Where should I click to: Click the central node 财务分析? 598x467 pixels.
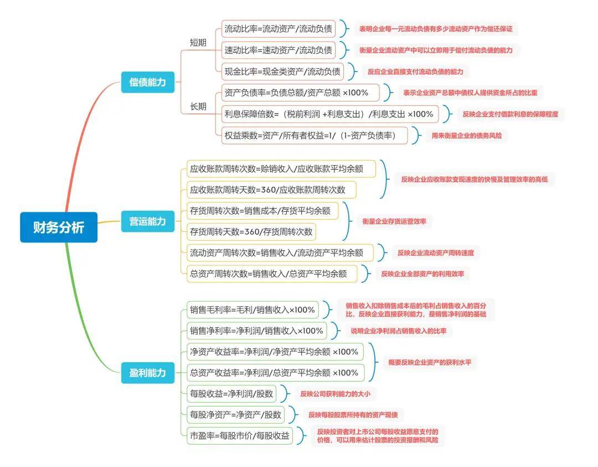click(59, 227)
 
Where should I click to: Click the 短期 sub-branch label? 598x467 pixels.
click(198, 42)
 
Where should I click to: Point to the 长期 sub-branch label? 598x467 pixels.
click(198, 106)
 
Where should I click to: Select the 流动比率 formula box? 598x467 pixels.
click(278, 29)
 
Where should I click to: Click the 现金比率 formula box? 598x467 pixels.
click(281, 72)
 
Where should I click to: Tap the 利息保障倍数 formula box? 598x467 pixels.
click(329, 114)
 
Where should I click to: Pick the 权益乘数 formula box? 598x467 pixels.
click(314, 135)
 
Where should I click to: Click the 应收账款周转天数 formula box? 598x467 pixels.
click(271, 190)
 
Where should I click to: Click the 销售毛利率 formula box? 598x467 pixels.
click(252, 309)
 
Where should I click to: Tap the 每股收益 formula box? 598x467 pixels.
click(231, 394)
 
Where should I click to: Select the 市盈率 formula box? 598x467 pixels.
click(239, 436)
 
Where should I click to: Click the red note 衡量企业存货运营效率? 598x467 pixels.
click(395, 221)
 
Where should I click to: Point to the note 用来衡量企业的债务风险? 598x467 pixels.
click(466, 135)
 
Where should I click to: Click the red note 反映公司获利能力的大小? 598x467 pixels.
click(334, 394)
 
